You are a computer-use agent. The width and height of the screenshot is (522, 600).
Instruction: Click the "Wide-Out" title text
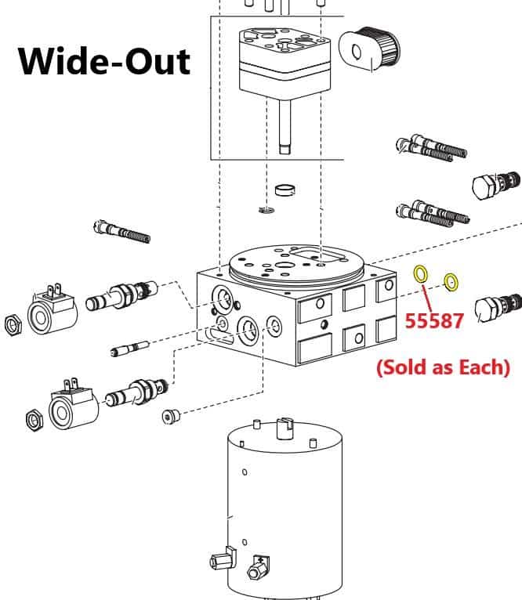click(x=104, y=60)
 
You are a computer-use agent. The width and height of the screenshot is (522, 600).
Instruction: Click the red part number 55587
click(x=436, y=320)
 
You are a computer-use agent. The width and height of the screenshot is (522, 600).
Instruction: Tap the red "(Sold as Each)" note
click(x=443, y=367)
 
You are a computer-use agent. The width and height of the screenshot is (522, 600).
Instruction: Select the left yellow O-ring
click(x=420, y=274)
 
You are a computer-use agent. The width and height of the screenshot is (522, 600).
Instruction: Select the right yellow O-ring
click(x=451, y=281)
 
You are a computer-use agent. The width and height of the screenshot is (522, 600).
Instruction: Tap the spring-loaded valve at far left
click(x=121, y=231)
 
